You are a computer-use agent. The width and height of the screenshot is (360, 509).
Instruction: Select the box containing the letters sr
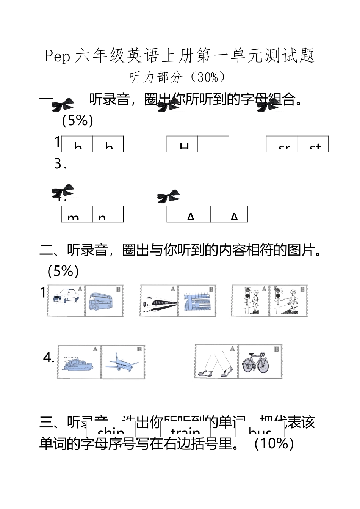(x=282, y=144)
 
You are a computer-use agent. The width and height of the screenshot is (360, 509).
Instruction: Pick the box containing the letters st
(x=313, y=144)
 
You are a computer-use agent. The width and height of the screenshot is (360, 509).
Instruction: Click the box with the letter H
(x=182, y=144)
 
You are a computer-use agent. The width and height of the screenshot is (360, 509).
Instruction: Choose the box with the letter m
(x=77, y=214)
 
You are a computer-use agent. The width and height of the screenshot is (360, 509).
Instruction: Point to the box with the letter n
(x=108, y=214)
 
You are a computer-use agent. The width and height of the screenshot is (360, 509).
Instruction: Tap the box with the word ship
(x=111, y=429)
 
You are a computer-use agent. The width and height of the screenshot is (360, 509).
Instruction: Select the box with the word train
(x=185, y=429)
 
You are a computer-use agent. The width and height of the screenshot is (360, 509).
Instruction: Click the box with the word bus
(x=260, y=429)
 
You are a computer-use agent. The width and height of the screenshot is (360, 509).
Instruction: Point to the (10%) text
(x=274, y=443)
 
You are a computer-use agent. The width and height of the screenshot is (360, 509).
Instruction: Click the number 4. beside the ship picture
(x=49, y=357)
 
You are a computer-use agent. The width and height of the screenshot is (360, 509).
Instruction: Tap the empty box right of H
(x=213, y=144)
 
